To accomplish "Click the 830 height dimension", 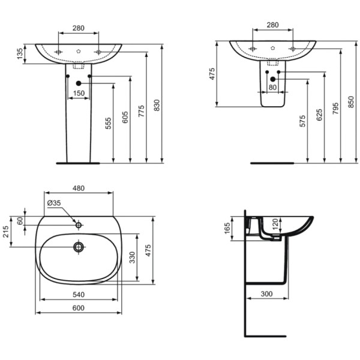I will (x=157, y=105).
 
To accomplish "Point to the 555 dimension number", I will (x=109, y=123).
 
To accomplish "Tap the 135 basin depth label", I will (x=19, y=55).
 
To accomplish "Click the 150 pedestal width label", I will (x=79, y=93).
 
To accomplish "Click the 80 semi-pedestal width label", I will (x=273, y=88).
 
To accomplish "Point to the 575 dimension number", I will (x=303, y=121).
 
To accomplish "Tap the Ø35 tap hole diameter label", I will (x=54, y=202).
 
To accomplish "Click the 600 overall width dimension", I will (x=79, y=308).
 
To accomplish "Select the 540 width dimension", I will (x=79, y=293).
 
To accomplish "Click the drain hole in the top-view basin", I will (x=78, y=247).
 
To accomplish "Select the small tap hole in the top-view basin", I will (x=78, y=225).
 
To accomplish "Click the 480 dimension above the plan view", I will (x=79, y=188).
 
